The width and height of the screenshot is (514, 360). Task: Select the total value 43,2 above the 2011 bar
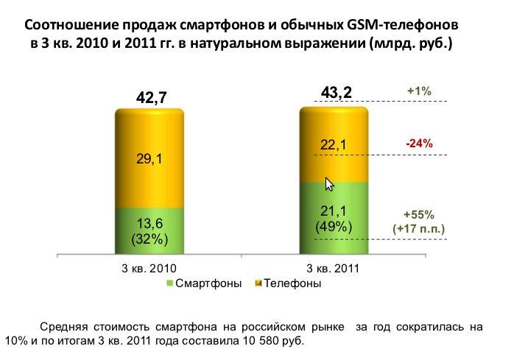(x=337, y=92)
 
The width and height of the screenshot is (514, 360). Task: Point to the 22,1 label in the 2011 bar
(x=335, y=147)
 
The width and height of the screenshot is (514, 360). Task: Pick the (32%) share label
(x=150, y=239)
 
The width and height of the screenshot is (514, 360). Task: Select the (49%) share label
(x=335, y=227)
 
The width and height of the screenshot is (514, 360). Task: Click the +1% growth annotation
(x=419, y=91)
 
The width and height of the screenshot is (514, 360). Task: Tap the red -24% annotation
(x=419, y=144)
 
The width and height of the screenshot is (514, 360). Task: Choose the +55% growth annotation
(x=419, y=216)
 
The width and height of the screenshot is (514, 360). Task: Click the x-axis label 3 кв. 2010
(x=149, y=269)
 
